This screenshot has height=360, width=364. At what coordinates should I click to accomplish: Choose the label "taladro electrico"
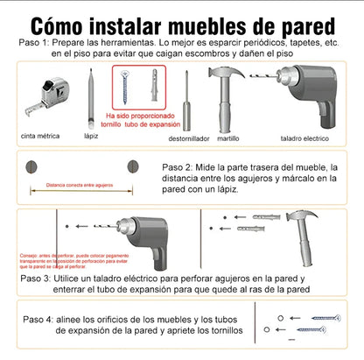pyautogui.click(x=304, y=138)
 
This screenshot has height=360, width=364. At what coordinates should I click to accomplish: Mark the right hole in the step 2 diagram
pyautogui.click(x=134, y=166)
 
